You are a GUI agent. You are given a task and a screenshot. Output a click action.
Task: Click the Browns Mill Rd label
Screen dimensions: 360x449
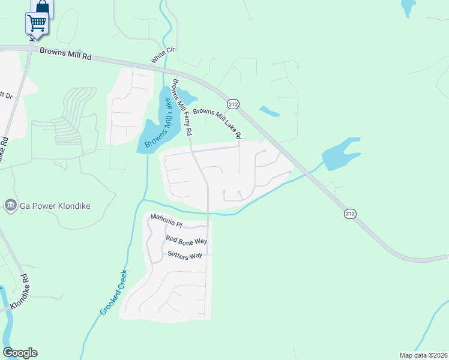pyautogui.click(x=65, y=52)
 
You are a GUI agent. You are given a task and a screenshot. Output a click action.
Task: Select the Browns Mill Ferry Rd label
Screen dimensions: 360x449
pyautogui.click(x=182, y=106)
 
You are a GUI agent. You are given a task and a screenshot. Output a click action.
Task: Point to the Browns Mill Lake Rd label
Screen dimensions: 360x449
pyautogui.click(x=216, y=121)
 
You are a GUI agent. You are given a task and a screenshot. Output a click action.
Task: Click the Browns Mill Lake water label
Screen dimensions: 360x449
pyautogui.click(x=159, y=120)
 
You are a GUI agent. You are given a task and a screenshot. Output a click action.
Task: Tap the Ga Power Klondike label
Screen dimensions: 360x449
pyautogui.click(x=55, y=206)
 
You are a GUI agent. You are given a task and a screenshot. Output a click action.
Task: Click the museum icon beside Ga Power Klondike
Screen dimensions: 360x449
pyautogui.click(x=10, y=206)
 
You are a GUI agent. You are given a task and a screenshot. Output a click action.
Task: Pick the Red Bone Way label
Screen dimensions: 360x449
pyautogui.click(x=186, y=240)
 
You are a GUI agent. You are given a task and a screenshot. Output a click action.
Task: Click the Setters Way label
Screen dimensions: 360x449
pyautogui.click(x=185, y=256)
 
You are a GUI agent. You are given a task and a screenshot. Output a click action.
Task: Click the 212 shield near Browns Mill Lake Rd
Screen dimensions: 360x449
pyautogui.click(x=234, y=104)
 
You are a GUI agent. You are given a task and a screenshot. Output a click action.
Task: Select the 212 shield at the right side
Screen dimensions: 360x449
pyautogui.click(x=351, y=213)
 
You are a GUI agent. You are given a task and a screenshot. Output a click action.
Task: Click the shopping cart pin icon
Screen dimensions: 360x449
pyautogui.click(x=37, y=23)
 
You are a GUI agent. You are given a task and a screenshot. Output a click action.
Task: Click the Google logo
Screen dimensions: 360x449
pyautogui.click(x=20, y=353)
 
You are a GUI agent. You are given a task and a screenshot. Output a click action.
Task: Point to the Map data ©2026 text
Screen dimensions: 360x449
pyautogui.click(x=423, y=355)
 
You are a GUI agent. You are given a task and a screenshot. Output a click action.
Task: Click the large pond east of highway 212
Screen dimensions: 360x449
pyautogui.click(x=340, y=154)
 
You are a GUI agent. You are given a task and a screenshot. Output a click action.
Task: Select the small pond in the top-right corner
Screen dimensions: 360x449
pyautogui.click(x=408, y=7)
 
